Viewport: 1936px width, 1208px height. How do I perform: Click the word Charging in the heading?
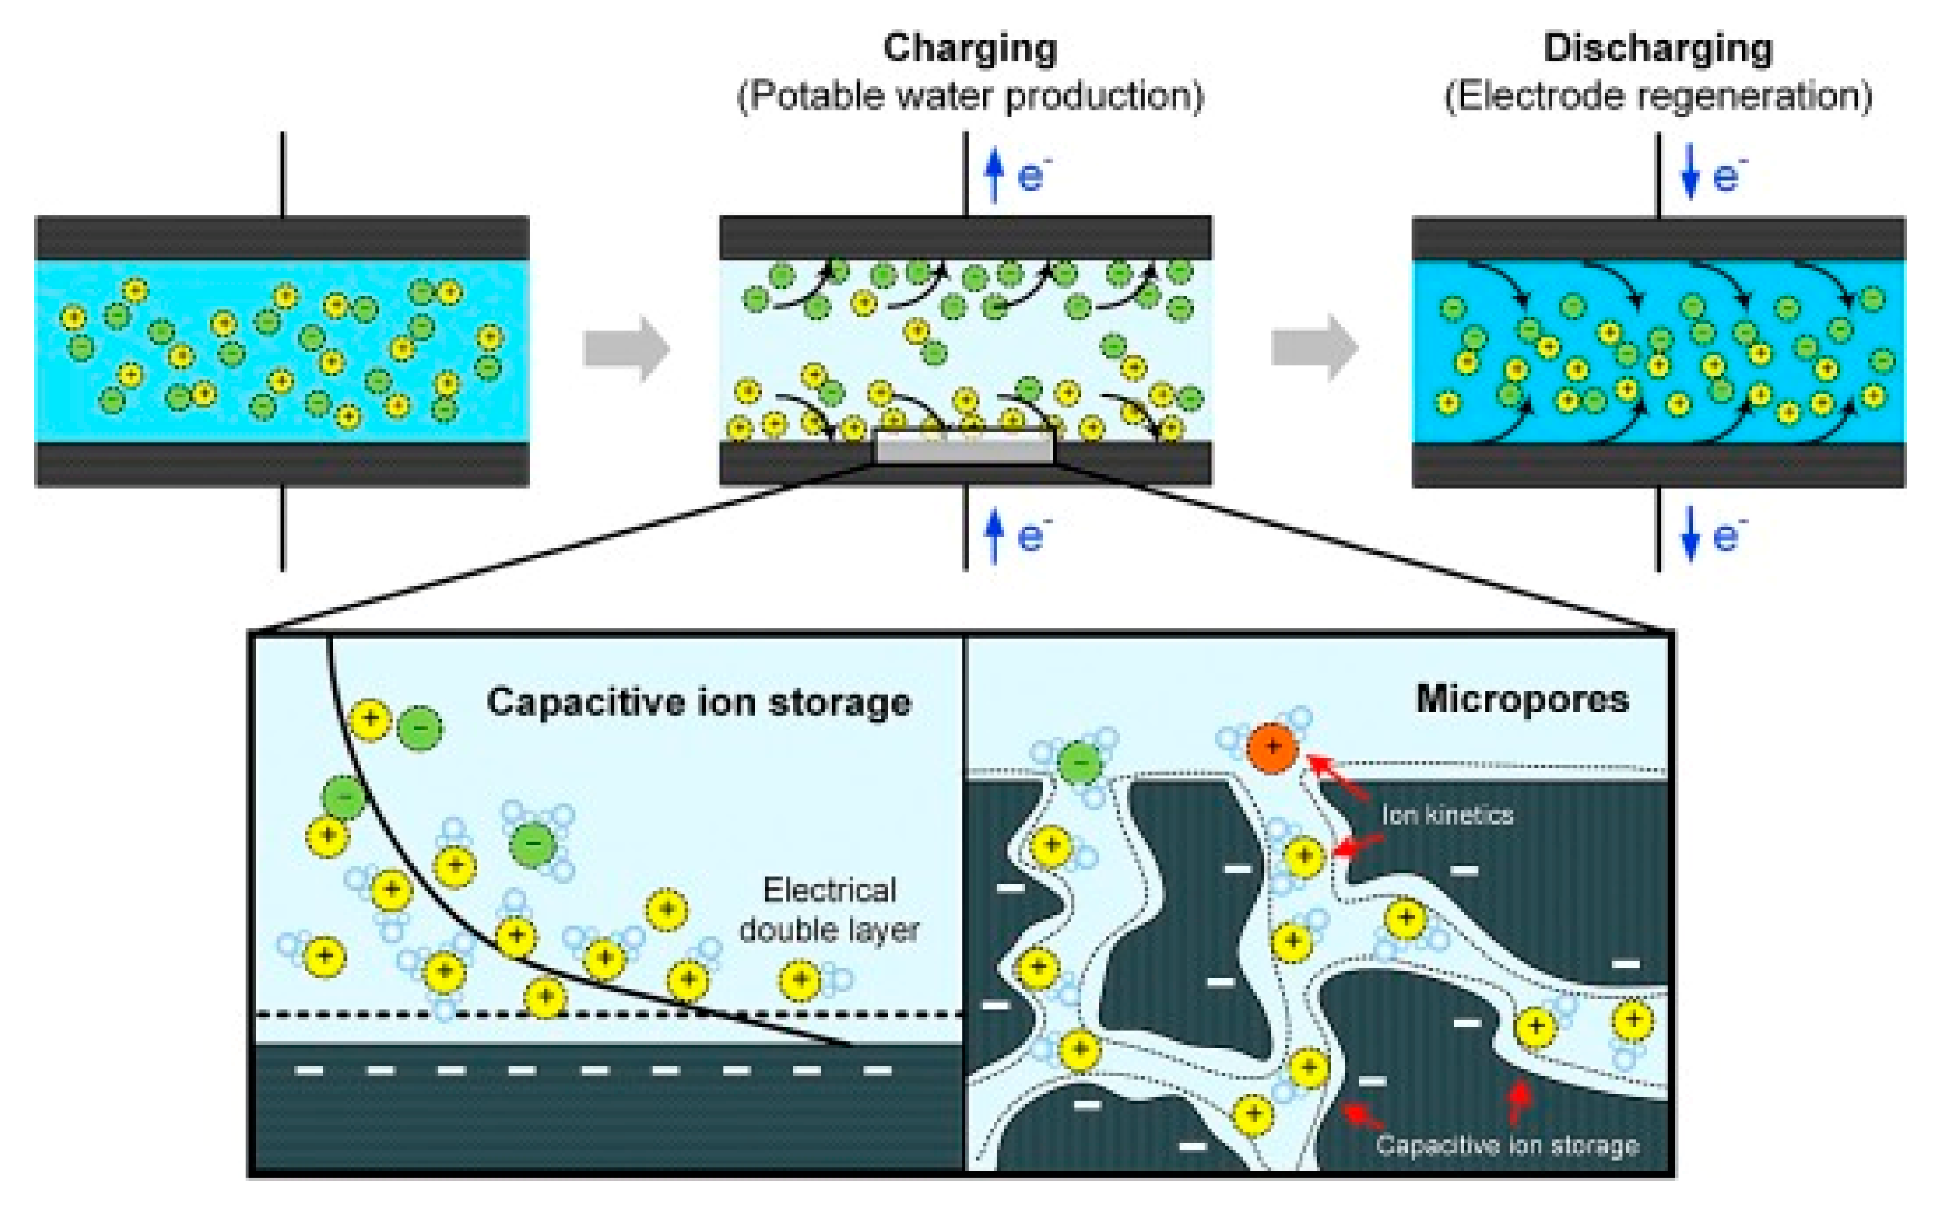pos(970,49)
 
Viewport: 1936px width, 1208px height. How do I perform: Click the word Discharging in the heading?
pos(1658,49)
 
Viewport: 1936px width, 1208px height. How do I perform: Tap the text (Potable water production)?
pos(970,96)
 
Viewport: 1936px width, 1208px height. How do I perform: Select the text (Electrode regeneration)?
pos(1658,96)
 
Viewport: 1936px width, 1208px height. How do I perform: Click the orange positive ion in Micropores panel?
pos(1271,748)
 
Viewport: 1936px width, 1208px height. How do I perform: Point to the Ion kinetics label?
pos(1448,816)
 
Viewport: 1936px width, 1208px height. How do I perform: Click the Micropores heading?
pos(1522,700)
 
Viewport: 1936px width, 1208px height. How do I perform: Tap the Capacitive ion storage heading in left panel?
pos(698,703)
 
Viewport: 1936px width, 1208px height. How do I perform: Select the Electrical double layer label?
pos(829,910)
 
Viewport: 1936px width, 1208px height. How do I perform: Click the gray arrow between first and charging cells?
pos(626,349)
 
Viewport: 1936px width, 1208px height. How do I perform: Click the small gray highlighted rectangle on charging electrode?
pos(965,448)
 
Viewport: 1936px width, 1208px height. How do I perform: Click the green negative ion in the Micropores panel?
pos(1080,763)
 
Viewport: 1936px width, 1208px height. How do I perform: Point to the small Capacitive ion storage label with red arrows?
pos(1507,1145)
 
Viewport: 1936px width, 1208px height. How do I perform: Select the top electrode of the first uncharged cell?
pos(282,238)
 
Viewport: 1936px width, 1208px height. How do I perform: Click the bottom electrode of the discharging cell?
pos(1658,465)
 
